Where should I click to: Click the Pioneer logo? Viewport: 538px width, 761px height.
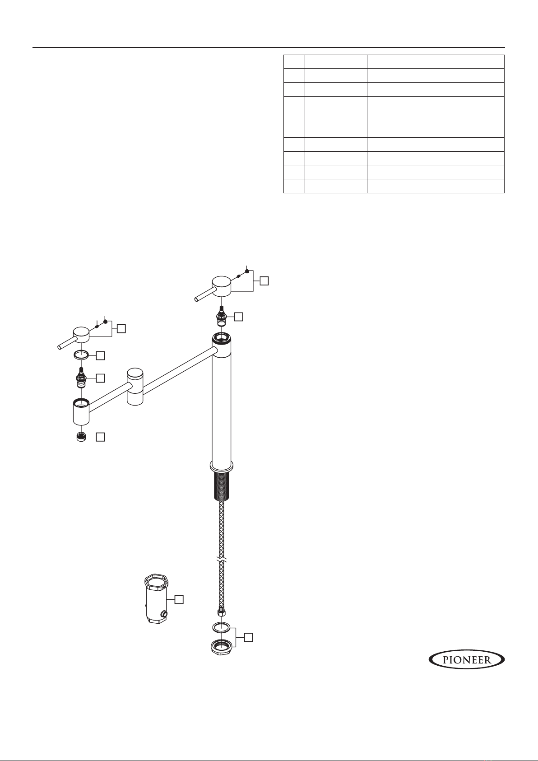(467, 660)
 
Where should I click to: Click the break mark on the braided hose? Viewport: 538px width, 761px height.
(222, 559)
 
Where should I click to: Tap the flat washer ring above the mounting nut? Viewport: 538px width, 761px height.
(221, 627)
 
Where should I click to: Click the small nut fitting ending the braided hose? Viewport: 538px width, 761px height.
(222, 612)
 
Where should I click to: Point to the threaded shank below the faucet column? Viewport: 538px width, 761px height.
(222, 486)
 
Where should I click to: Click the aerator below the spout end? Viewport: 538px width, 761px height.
(81, 437)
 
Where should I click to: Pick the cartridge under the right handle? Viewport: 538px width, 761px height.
(221, 315)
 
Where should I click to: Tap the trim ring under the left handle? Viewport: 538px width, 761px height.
(81, 355)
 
